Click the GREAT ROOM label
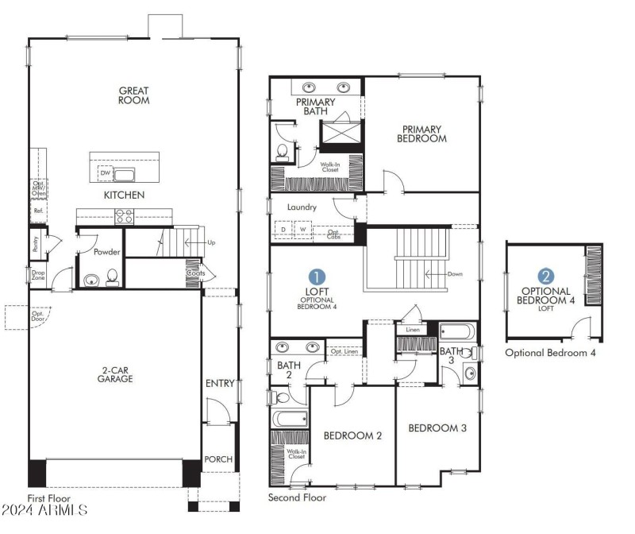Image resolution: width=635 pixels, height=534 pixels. pos(134,95)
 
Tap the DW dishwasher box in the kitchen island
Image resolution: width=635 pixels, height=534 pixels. pos(105,173)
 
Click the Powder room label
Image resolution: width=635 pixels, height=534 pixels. pos(106,252)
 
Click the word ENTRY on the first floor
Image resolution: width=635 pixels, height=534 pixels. pos(220,384)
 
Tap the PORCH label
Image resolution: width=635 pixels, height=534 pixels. pos(218,459)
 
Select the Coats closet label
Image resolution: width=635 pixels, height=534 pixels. pos(196,273)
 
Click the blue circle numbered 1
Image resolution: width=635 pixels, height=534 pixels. pos(317,277)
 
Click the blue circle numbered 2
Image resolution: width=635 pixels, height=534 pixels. pos(546,277)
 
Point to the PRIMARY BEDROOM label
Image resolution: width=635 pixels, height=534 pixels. pos(424,133)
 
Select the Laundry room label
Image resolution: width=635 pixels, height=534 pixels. pos(302,207)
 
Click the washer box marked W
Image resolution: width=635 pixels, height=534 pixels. pos(302,230)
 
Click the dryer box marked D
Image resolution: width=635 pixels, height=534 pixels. pos(283,230)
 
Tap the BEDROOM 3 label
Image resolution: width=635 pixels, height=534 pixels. pos(437,428)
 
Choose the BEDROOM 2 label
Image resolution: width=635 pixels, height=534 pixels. pos(353,435)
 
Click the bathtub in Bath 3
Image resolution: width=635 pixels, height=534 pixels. pos(456,331)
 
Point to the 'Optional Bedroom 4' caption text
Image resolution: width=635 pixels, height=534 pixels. pos(550,352)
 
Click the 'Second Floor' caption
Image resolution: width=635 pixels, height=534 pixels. pos(297,497)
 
